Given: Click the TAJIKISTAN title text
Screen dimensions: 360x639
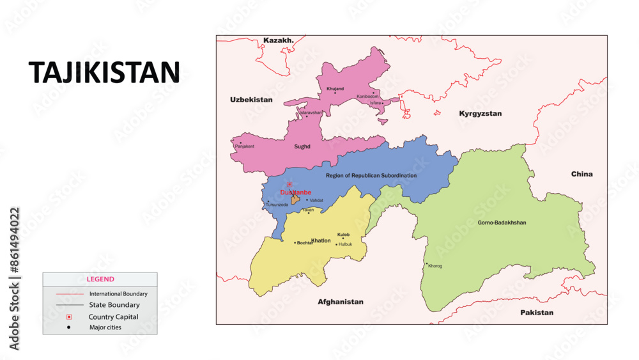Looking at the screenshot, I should (104, 74).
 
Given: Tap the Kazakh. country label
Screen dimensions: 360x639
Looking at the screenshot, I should (279, 40).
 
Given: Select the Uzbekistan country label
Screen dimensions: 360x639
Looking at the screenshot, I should (251, 100).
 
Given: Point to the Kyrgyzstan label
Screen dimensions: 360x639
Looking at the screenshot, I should (481, 113).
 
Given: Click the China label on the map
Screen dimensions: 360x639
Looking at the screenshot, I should (581, 174).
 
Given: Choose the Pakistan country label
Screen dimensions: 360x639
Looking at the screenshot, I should (536, 313).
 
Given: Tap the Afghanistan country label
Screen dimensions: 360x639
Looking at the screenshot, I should (341, 302).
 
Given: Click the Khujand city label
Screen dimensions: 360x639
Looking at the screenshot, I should (335, 89).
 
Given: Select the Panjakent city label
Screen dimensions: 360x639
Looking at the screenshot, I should (245, 146).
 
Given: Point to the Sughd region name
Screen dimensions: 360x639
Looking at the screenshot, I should (302, 146).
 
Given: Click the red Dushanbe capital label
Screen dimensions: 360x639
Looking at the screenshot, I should (295, 192).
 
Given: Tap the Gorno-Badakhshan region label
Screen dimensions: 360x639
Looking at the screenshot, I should (502, 223).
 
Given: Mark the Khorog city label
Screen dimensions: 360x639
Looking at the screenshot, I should (435, 266).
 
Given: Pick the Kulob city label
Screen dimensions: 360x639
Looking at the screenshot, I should (343, 235).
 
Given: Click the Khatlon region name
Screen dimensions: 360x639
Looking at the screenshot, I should (321, 240).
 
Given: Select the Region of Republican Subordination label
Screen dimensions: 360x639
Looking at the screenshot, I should (371, 175).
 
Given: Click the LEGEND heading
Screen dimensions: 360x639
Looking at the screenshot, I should (100, 279).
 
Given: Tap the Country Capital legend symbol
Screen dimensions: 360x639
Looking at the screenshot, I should (69, 317).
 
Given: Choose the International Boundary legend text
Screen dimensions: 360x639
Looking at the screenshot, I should (118, 294).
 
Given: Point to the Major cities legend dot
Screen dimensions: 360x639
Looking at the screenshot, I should (69, 327).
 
